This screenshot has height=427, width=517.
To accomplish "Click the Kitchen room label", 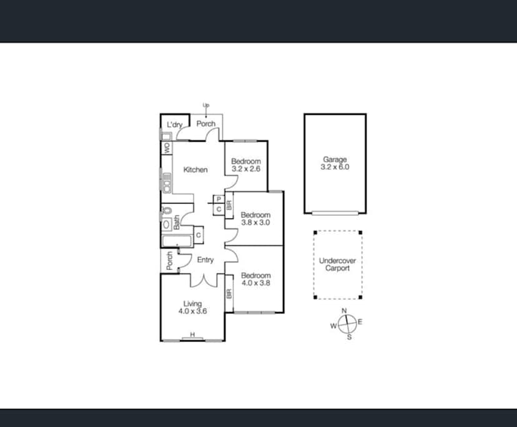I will [x=195, y=170].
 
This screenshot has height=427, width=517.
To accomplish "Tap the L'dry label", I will [x=174, y=125].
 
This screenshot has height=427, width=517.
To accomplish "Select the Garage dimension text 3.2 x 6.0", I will [x=335, y=167].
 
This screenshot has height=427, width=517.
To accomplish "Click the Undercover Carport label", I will [x=335, y=265].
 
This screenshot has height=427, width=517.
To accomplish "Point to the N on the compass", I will [x=343, y=311].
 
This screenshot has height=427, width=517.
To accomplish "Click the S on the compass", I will [x=349, y=337].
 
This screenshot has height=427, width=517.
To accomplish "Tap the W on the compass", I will [x=333, y=325].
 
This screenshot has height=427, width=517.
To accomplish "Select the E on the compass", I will [x=360, y=322].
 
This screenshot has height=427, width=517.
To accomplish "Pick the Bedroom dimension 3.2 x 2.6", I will [x=245, y=169].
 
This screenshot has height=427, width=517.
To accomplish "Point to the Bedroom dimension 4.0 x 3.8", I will [x=255, y=283].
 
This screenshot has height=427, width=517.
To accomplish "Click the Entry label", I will [x=205, y=260].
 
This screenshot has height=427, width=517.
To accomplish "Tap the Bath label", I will [x=177, y=222].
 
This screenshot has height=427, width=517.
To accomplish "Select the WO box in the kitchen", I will [x=167, y=149].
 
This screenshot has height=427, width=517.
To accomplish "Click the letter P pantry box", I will [x=219, y=199].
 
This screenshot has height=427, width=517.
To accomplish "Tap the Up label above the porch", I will [x=206, y=105].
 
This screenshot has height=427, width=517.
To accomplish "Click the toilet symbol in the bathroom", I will [x=166, y=211].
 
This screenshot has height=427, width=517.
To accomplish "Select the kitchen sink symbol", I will [x=167, y=181].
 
